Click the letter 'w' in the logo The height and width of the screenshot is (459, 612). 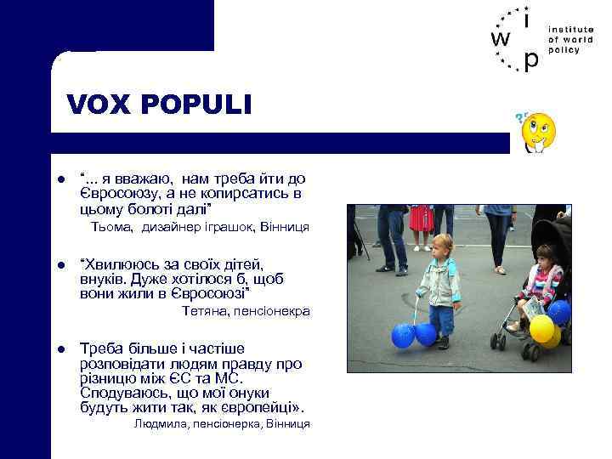[501, 39]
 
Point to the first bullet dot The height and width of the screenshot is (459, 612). [62, 179]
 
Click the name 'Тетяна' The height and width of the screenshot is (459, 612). [203, 311]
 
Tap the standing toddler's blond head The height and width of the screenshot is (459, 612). [439, 244]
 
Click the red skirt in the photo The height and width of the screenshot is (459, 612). [422, 218]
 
